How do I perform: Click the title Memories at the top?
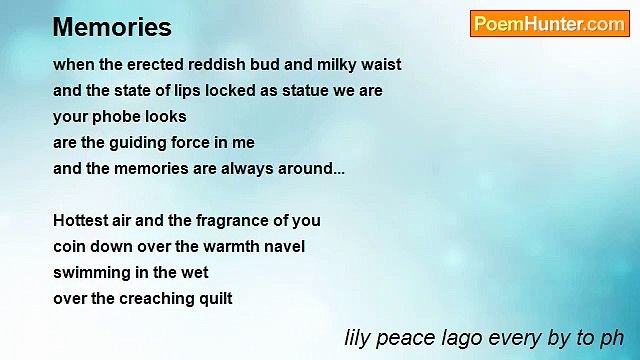click(112, 27)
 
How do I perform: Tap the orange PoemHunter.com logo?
click(549, 24)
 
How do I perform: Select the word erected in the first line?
click(154, 65)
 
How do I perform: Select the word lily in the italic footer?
click(357, 337)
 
